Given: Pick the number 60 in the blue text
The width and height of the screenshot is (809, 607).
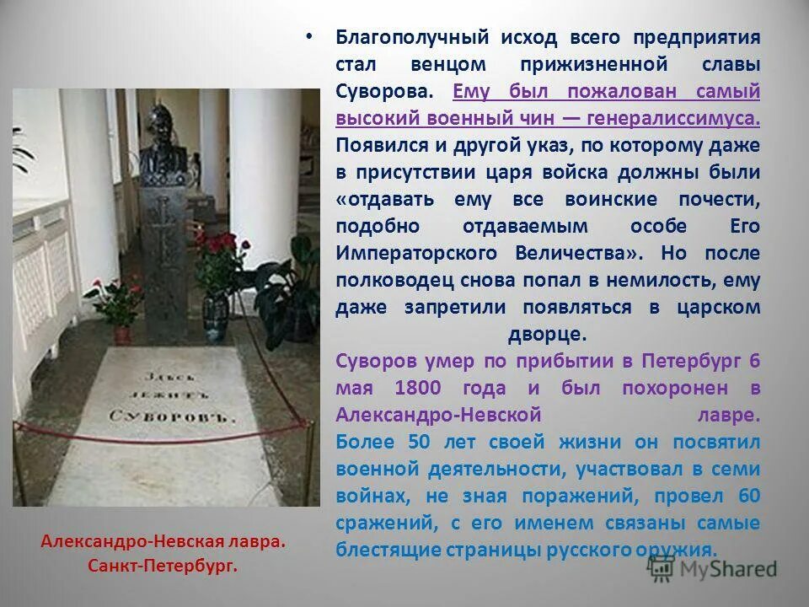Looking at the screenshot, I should (747, 495).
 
